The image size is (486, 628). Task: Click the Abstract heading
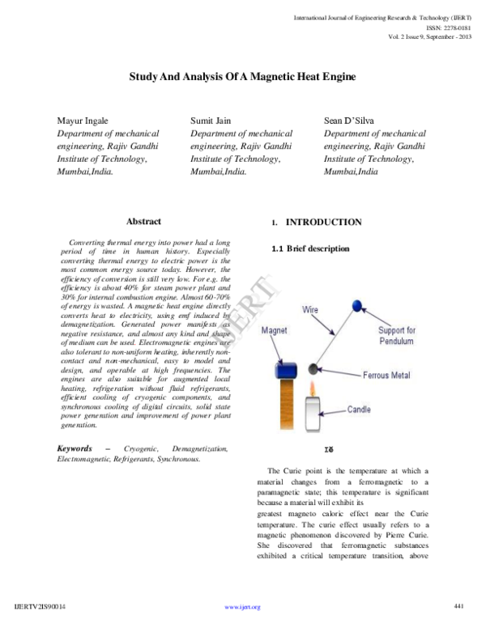143,221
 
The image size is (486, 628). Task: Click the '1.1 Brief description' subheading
311,248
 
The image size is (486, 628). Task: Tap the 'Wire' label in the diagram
310,310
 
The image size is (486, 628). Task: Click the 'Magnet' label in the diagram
275,332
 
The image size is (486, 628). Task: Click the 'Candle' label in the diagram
359,409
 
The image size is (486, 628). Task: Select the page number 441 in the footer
458,605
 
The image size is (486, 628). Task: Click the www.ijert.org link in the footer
241,606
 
